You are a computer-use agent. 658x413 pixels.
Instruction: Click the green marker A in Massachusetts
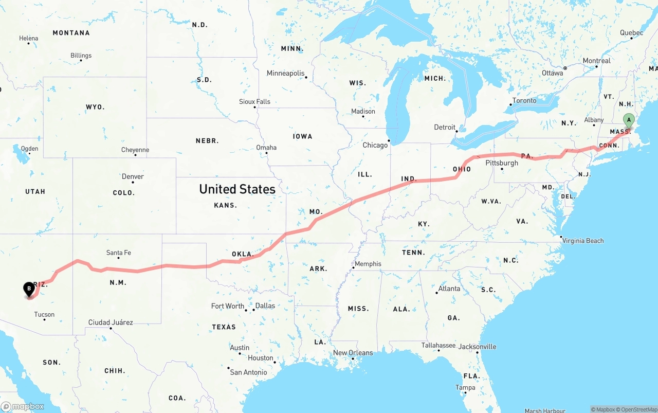628,120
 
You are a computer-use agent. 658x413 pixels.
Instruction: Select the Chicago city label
375,145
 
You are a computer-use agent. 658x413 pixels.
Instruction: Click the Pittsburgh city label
502,163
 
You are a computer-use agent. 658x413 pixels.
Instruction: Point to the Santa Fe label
118,253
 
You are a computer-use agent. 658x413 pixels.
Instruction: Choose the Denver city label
133,176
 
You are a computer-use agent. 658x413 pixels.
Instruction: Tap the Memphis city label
368,264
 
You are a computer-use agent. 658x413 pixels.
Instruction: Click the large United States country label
237,189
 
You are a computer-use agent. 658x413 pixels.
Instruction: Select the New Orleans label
353,353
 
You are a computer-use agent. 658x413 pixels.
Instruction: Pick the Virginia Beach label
583,241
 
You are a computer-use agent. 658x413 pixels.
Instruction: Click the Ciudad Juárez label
111,322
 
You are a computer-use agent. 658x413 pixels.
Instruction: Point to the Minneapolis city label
285,74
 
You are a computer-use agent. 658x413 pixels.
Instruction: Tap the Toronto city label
524,100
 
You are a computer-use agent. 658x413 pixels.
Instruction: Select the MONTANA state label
71,33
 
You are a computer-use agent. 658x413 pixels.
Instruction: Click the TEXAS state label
224,327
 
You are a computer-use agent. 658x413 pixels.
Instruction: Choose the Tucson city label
44,314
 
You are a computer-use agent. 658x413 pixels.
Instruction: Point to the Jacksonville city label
478,347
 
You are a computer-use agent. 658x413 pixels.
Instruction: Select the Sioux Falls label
254,102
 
